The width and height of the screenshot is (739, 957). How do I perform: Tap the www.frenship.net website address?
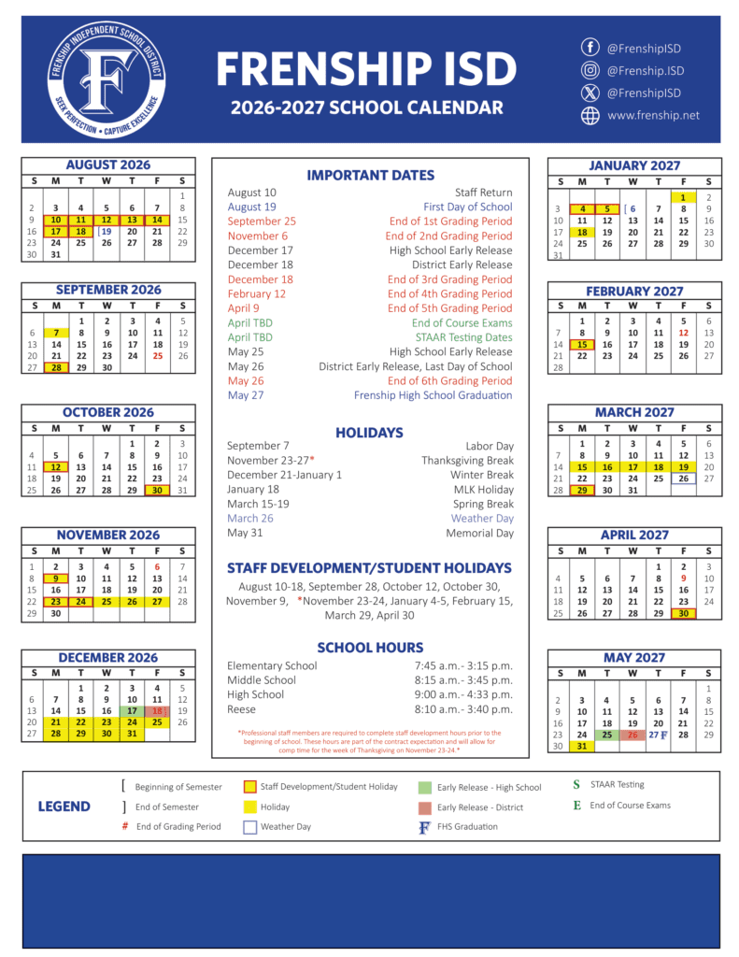click(x=653, y=116)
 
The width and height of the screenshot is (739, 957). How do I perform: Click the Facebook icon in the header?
click(x=590, y=47)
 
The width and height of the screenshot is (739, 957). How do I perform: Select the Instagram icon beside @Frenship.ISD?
click(x=590, y=70)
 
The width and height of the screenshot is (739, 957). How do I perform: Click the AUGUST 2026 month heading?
click(x=108, y=165)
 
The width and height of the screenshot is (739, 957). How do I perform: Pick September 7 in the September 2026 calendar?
click(x=56, y=333)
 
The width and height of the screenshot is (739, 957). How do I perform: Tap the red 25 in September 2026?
click(x=157, y=355)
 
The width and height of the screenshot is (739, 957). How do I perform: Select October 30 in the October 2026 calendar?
click(x=157, y=490)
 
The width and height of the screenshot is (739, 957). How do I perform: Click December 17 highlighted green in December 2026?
click(x=132, y=711)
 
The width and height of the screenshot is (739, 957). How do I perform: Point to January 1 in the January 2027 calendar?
click(x=683, y=197)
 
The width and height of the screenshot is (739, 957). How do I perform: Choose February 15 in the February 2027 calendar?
click(x=582, y=344)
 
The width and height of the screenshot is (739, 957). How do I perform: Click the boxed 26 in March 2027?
click(x=684, y=478)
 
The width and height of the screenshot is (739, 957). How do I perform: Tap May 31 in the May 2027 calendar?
click(x=582, y=746)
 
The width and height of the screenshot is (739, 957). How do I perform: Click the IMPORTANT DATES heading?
click(x=370, y=175)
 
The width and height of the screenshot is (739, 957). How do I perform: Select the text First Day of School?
click(x=467, y=207)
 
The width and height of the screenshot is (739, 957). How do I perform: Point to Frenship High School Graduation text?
click(x=433, y=395)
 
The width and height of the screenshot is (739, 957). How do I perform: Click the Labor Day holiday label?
click(x=490, y=446)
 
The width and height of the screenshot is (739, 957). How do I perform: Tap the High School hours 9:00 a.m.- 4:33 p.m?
click(x=463, y=694)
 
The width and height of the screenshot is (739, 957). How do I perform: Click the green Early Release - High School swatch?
click(x=425, y=787)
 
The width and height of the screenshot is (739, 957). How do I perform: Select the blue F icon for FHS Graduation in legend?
click(x=425, y=827)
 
